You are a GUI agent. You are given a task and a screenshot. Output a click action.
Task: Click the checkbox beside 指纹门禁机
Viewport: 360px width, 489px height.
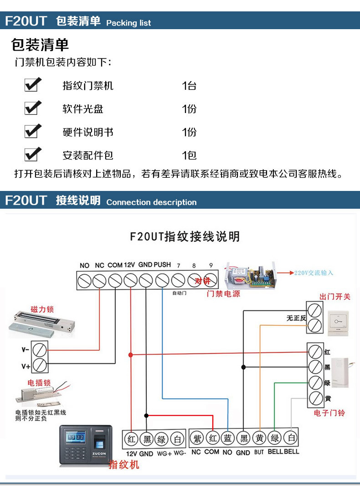click(32, 85)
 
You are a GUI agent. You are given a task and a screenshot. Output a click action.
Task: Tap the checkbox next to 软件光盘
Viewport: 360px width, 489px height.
click(32, 108)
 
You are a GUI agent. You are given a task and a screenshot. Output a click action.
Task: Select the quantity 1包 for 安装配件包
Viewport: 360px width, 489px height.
click(189, 155)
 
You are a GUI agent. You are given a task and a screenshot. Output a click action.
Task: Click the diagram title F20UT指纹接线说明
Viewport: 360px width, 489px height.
click(185, 237)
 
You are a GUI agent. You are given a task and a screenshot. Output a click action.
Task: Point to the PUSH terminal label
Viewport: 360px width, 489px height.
click(162, 265)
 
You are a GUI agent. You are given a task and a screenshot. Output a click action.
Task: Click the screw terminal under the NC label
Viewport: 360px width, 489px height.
click(99, 280)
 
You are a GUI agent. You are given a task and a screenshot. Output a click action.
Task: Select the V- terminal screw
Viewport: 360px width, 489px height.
click(40, 350)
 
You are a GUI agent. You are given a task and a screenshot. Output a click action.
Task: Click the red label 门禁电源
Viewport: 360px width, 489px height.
click(223, 294)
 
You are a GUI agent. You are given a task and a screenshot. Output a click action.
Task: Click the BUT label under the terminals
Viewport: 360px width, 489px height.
click(259, 452)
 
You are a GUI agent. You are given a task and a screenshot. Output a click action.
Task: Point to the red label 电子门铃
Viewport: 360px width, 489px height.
click(329, 413)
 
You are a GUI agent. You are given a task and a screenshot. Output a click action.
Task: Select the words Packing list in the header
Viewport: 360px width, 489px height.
click(129, 23)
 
